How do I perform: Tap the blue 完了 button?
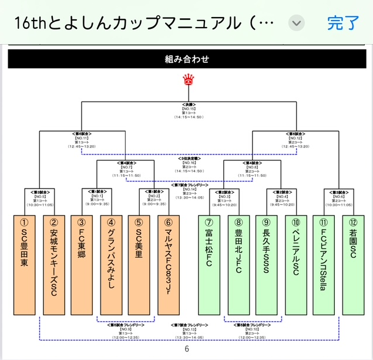coord(343,23)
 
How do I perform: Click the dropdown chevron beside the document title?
coord(297,23)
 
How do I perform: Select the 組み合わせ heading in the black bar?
coord(187,59)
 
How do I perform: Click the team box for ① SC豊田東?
coord(25,265)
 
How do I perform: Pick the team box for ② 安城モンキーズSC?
coord(53,265)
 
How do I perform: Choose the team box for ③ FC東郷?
coord(82,265)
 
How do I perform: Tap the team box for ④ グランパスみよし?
coord(111,265)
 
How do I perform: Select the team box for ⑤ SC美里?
coord(140,265)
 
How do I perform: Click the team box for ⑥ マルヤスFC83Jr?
coord(169,265)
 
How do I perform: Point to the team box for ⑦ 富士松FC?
coord(210,265)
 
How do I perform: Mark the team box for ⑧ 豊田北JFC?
coord(238,265)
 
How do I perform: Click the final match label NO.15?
coord(188,110)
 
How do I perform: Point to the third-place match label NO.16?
coord(188,163)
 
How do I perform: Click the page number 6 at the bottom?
coord(187,349)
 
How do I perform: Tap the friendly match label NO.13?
coord(188,329)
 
